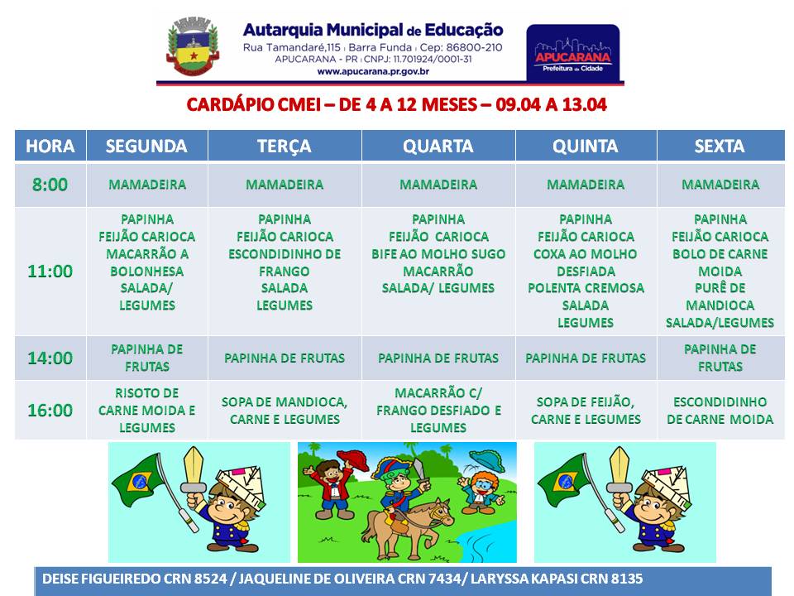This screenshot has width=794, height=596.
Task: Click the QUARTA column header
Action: pyautogui.click(x=438, y=146)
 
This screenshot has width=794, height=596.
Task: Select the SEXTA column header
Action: pyautogui.click(x=720, y=146)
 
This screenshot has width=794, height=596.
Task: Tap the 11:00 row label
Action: pyautogui.click(x=50, y=272)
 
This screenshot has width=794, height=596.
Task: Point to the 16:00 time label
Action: pyautogui.click(x=50, y=410)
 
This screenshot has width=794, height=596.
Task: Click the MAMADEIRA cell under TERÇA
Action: pyautogui.click(x=285, y=185)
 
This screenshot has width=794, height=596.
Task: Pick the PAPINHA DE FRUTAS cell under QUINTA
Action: pyautogui.click(x=586, y=358)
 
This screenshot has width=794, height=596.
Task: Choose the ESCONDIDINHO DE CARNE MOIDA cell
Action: pyautogui.click(x=720, y=411)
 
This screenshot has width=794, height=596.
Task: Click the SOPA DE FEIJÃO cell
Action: pyautogui.click(x=586, y=411)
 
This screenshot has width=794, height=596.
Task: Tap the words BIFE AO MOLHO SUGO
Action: pyautogui.click(x=438, y=254)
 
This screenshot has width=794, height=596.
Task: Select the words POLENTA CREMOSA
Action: pyautogui.click(x=586, y=288)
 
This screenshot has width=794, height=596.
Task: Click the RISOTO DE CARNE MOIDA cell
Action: pyautogui.click(x=147, y=410)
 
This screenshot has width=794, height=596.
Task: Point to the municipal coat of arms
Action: pyautogui.click(x=193, y=46)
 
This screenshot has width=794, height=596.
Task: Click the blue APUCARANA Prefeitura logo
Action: pyautogui.click(x=573, y=53)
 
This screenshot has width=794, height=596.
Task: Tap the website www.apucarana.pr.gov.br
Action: pyautogui.click(x=373, y=71)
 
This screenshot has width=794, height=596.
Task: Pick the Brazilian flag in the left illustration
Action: pyautogui.click(x=137, y=479)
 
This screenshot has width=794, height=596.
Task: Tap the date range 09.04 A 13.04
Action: pyautogui.click(x=551, y=104)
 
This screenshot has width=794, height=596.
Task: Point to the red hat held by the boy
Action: pyautogui.click(x=353, y=459)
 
